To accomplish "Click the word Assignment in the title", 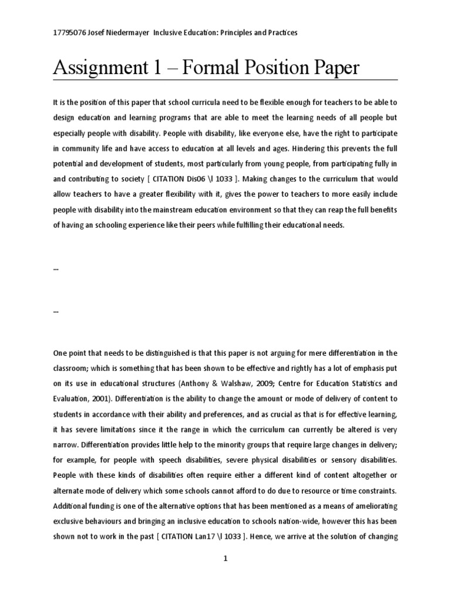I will click(95, 69).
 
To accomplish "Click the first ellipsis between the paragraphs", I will click(56, 268).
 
